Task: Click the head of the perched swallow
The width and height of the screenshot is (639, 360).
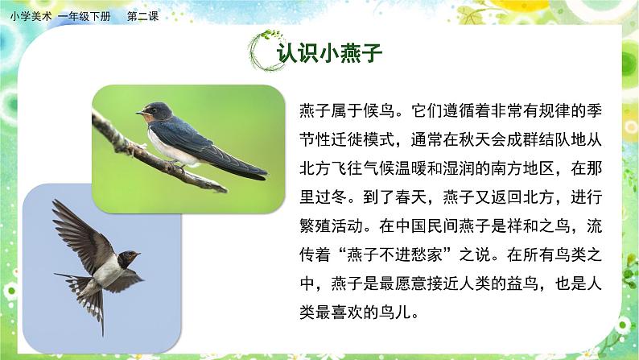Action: (x=153, y=111)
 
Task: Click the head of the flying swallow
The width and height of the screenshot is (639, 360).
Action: (x=127, y=259)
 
